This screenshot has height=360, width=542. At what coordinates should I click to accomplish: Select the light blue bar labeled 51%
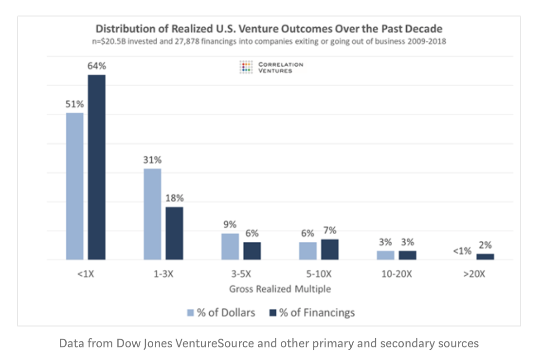tap(74, 186)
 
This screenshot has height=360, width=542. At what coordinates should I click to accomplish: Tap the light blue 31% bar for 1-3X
tap(152, 214)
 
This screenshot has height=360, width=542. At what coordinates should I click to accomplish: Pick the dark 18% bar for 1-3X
tap(174, 234)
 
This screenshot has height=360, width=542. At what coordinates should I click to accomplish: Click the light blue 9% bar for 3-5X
tap(230, 247)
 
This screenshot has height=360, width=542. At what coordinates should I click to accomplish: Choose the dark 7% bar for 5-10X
tap(330, 250)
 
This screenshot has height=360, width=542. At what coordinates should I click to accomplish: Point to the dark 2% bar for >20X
tap(485, 256)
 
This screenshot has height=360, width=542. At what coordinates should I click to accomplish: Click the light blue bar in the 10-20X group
tap(386, 255)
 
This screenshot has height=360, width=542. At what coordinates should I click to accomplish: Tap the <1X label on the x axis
tap(86, 273)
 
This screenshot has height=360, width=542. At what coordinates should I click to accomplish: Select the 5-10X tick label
tap(319, 273)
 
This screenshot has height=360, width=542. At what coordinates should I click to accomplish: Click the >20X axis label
tap(474, 273)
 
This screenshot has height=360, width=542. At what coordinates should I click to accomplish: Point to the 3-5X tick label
tap(241, 273)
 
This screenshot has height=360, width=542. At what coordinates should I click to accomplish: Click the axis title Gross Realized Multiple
tap(280, 288)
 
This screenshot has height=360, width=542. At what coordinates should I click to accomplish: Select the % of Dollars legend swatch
tap(191, 313)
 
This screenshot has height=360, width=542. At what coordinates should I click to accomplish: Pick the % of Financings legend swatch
tap(273, 313)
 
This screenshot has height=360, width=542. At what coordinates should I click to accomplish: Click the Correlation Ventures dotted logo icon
tap(247, 67)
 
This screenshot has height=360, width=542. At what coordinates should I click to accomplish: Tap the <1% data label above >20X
tap(462, 251)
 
